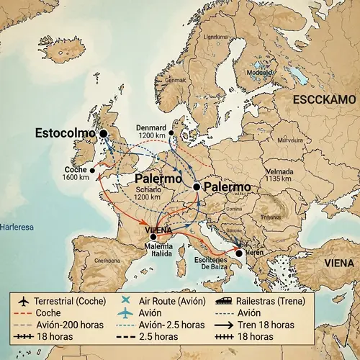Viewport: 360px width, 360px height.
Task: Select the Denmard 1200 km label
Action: point(150,131)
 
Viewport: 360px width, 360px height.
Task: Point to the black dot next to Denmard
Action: point(171,133)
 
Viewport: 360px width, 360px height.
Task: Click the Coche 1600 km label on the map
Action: point(75,173)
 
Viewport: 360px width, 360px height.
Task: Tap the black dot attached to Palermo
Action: point(196,186)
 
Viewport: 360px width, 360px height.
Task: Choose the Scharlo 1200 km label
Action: point(148,193)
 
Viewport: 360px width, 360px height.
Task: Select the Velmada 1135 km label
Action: point(280,175)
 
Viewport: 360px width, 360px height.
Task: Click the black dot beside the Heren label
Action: point(239,253)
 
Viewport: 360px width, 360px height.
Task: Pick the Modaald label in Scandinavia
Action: point(259,72)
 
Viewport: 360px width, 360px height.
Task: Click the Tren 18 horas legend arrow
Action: point(223,325)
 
